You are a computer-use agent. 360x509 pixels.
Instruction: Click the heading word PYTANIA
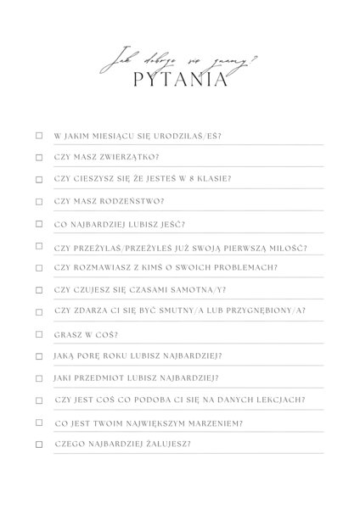pos(180,81)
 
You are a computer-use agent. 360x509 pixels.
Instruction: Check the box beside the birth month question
pos(38,135)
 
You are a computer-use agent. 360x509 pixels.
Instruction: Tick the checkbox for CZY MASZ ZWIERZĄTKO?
pos(38,157)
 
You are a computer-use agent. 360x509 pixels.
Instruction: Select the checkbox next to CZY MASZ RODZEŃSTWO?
pos(38,201)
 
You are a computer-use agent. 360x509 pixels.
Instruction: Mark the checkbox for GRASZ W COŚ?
pos(38,333)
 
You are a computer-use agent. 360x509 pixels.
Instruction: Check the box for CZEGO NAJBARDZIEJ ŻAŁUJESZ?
pos(38,444)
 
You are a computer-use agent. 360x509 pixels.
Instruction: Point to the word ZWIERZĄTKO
pos(115,157)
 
